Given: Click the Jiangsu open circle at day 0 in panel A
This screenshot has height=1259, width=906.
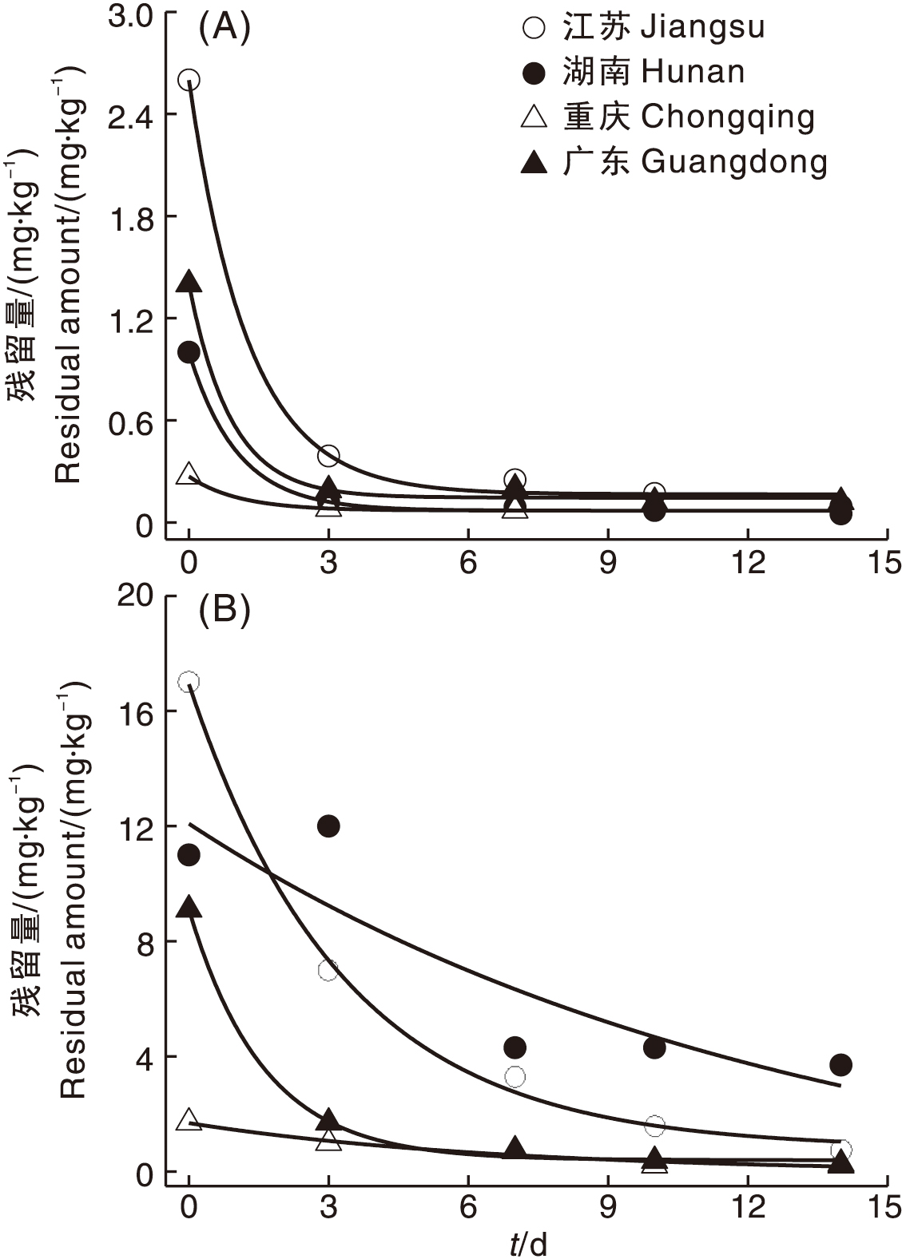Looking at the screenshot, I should (189, 80).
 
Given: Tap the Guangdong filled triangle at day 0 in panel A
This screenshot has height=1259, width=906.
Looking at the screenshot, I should (189, 282).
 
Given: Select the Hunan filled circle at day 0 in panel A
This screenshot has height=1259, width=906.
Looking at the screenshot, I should (189, 352).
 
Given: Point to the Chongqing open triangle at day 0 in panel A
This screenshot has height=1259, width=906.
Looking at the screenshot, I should (189, 473).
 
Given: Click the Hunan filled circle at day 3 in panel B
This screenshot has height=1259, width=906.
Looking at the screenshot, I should (328, 826).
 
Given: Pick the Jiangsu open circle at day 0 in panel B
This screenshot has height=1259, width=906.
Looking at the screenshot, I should (189, 682).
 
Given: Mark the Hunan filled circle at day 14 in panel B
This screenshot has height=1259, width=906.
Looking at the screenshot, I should (840, 1065).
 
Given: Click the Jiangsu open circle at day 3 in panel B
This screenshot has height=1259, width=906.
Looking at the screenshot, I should (328, 971).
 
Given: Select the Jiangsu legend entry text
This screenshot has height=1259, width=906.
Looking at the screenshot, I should (663, 28).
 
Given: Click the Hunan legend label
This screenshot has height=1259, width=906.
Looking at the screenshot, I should (654, 73).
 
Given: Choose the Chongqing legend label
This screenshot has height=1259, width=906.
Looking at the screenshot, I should (688, 117).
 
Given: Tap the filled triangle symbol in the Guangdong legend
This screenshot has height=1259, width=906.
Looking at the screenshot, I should (534, 163).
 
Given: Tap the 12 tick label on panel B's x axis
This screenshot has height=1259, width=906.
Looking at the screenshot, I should (748, 1208).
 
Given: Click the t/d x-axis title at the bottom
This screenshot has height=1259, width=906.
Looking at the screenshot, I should (529, 1244).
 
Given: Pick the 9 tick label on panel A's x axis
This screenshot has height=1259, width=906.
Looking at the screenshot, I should (608, 564).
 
